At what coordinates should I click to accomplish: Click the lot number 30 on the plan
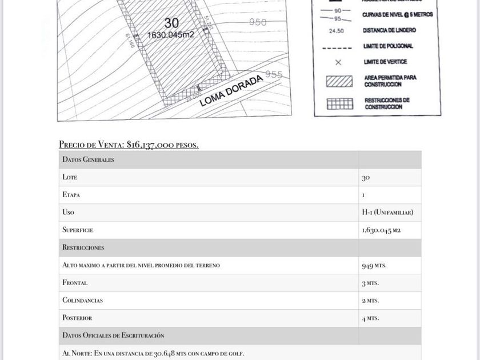(x=171, y=23)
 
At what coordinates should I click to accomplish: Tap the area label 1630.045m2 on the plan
(x=171, y=35)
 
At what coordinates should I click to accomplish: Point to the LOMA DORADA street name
(x=231, y=90)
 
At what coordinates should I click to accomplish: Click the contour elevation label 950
(x=258, y=22)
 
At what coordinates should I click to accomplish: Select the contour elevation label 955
(x=274, y=75)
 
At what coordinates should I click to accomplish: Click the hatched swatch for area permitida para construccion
(x=339, y=81)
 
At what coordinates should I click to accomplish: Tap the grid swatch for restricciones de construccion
(x=339, y=104)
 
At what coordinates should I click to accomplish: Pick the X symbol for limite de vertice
(x=338, y=62)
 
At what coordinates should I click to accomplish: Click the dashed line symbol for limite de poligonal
(x=337, y=47)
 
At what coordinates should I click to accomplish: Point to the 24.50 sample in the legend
(x=337, y=31)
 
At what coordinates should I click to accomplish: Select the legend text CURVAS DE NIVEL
(x=397, y=15)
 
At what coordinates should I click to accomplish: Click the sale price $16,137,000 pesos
(x=129, y=145)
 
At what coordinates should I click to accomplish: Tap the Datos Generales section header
(x=89, y=159)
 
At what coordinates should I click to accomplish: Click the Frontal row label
(x=75, y=282)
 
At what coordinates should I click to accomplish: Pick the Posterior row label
(x=77, y=318)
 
